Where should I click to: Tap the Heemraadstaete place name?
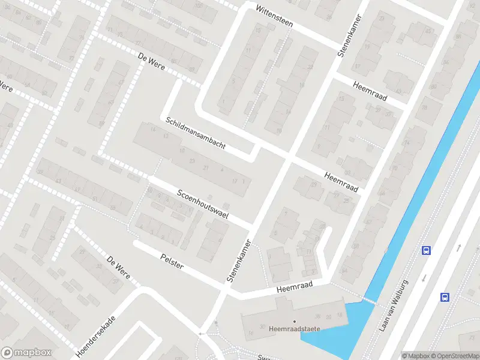294,329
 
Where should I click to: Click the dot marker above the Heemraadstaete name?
294,321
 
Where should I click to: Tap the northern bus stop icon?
427,250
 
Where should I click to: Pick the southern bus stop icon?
445,296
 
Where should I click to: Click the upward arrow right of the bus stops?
459,247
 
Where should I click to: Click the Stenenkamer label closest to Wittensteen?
349,36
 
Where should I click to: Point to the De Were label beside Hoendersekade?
119,268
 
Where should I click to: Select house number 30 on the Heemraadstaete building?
262,326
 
